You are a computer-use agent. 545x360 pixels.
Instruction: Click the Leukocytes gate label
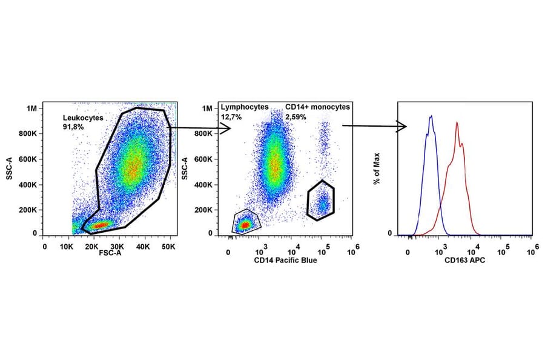pyautogui.click(x=83, y=118)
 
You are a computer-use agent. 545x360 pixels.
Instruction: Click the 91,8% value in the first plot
pyautogui.click(x=73, y=127)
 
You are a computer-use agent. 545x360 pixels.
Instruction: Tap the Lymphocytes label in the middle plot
pyautogui.click(x=244, y=107)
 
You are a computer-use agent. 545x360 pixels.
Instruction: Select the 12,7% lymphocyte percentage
pyautogui.click(x=231, y=116)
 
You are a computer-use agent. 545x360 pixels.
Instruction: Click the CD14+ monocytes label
pyautogui.click(x=317, y=107)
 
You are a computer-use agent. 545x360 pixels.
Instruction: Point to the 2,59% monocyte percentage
pyautogui.click(x=296, y=116)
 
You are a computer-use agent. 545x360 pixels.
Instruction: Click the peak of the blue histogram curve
pyautogui.click(x=431, y=116)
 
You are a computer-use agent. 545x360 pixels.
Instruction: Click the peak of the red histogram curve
pyautogui.click(x=457, y=123)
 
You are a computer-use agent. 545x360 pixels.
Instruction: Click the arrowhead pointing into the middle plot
pyautogui.click(x=225, y=128)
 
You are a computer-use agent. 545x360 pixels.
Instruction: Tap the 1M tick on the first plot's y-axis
pyautogui.click(x=31, y=108)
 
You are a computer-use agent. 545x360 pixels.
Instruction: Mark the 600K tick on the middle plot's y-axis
pyautogui.click(x=203, y=159)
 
